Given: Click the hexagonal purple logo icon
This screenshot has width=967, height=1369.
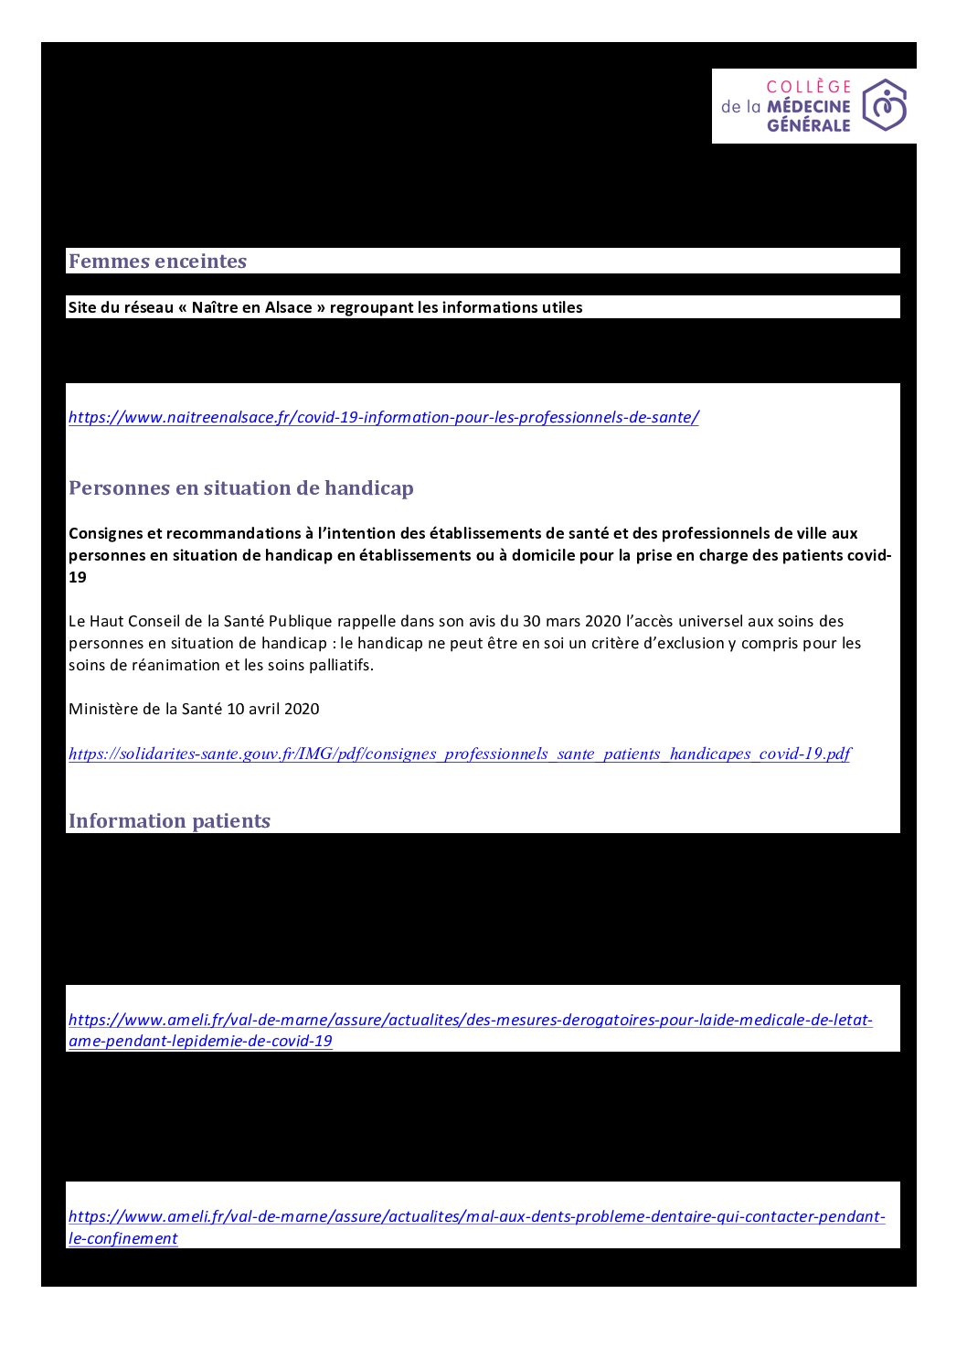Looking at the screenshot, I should click(x=884, y=105).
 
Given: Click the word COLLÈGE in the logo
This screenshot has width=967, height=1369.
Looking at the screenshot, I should click(x=809, y=87).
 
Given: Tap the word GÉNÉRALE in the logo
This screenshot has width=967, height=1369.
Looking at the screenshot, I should click(x=808, y=125).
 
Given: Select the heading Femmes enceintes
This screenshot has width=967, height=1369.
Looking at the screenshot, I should click(x=157, y=262).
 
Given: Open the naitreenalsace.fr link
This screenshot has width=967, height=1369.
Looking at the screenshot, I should click(x=383, y=418).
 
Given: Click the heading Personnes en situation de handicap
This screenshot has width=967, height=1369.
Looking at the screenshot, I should click(x=240, y=488).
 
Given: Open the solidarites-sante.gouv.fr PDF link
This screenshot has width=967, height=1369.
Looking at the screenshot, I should click(x=459, y=754).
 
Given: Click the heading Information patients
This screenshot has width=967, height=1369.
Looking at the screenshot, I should click(x=169, y=821).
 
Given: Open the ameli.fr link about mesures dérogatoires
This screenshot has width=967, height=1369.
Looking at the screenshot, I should click(x=470, y=1021).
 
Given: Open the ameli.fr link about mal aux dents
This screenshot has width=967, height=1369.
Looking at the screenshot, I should click(x=476, y=1217).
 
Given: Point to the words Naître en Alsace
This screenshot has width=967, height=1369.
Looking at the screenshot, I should click(x=252, y=307).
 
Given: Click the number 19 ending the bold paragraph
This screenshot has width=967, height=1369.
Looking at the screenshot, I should click(x=77, y=578).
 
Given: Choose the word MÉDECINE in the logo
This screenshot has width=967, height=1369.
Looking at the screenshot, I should click(x=808, y=106).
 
